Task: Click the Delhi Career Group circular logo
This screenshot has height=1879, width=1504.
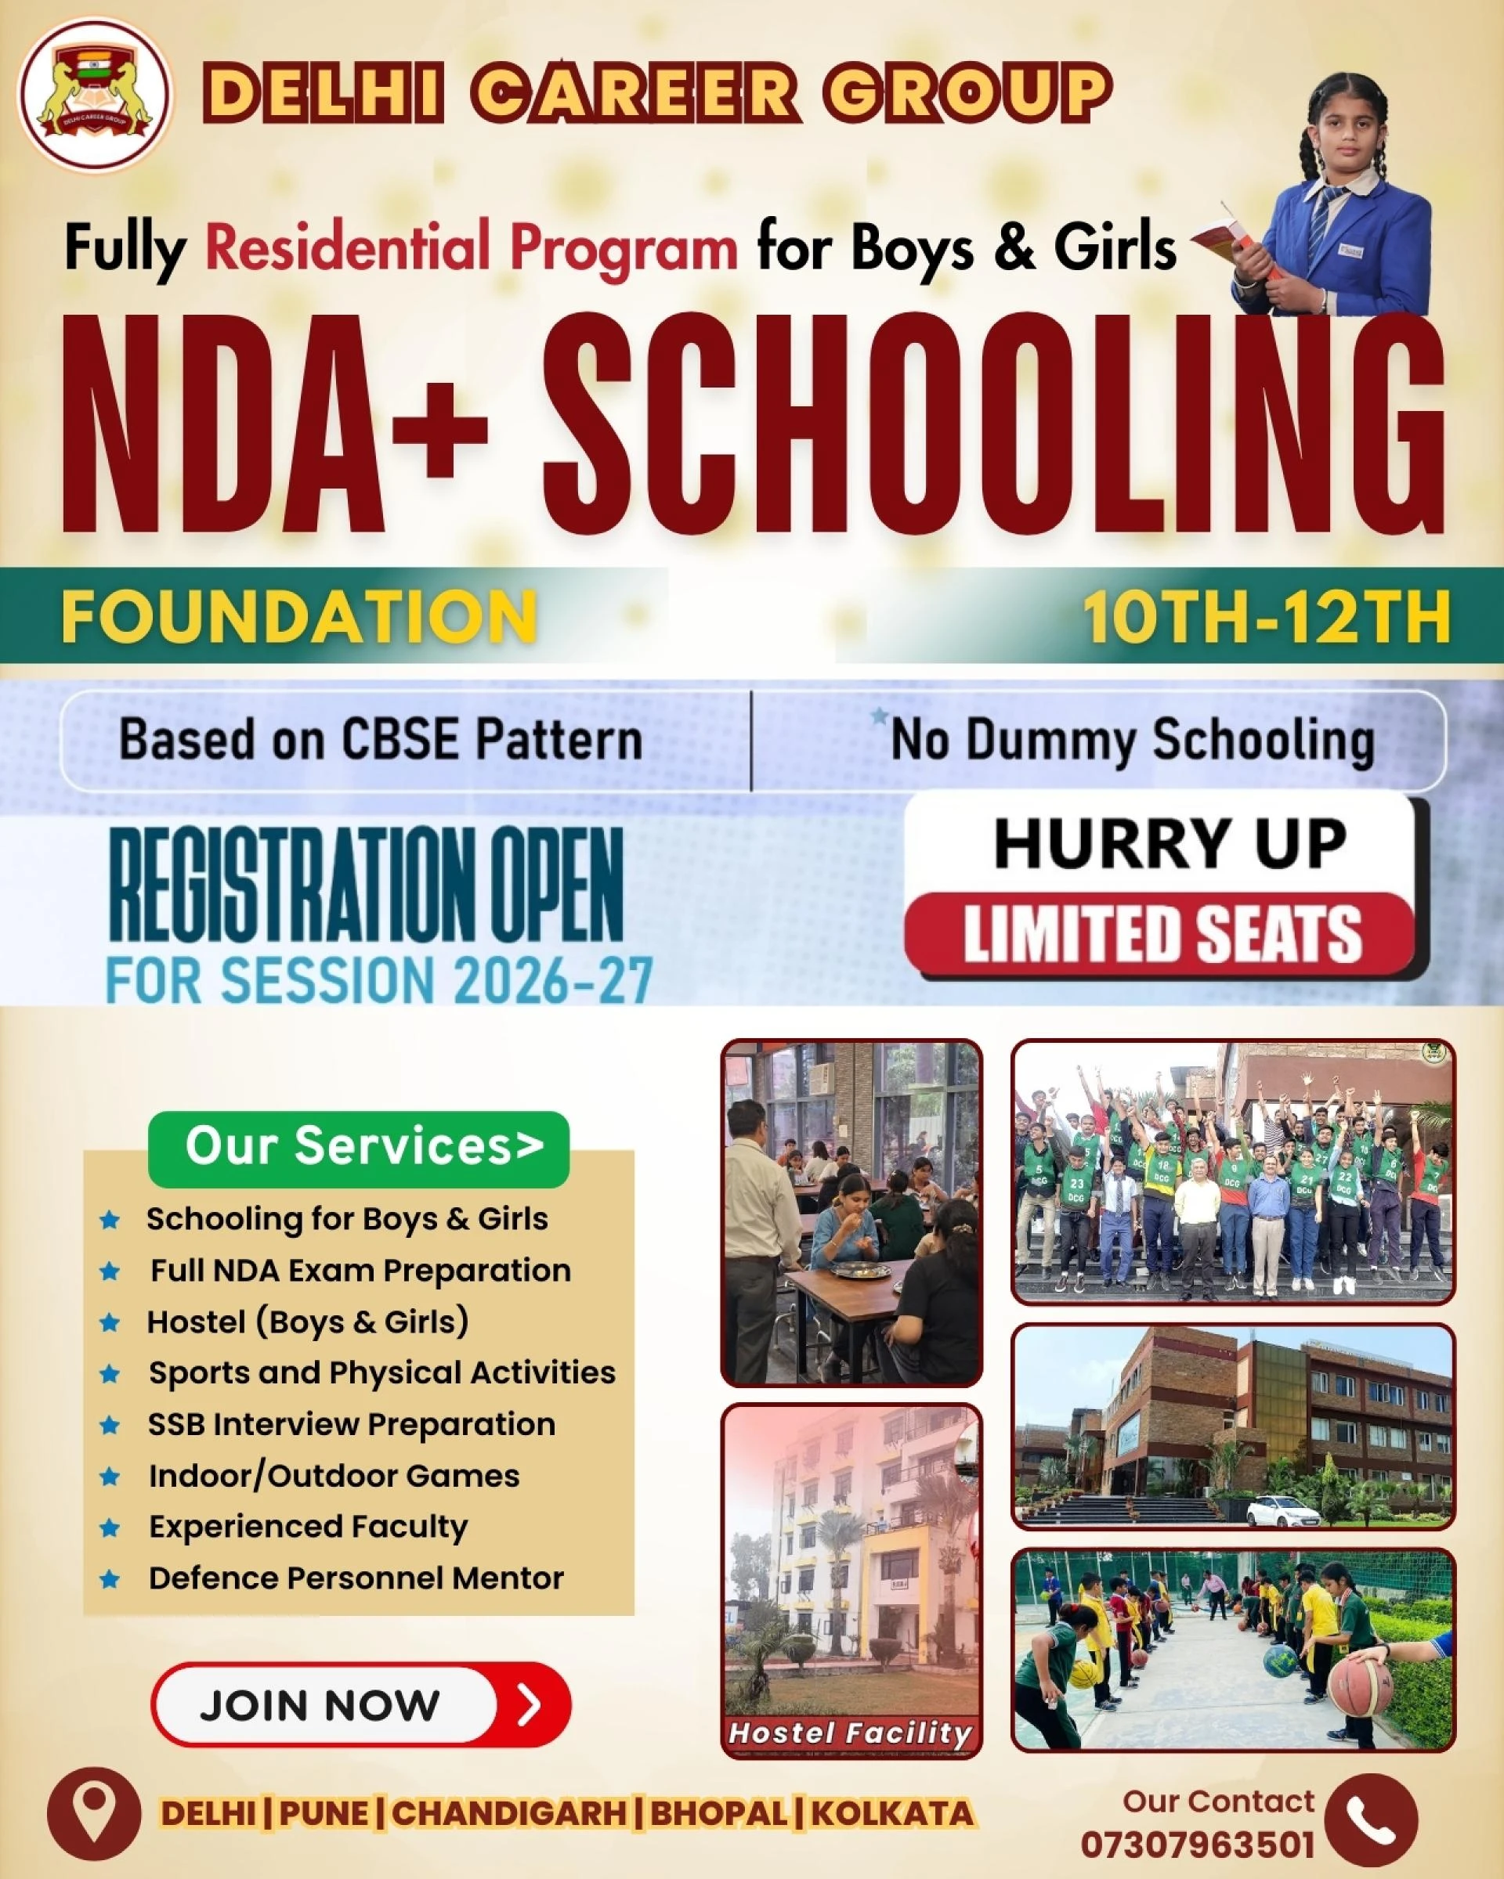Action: tap(96, 95)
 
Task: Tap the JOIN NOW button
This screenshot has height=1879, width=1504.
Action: tap(360, 1704)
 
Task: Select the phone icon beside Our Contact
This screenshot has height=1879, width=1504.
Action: tap(1371, 1819)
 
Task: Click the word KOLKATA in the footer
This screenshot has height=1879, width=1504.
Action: tap(892, 1814)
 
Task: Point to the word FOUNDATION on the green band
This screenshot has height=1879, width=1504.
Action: tap(298, 617)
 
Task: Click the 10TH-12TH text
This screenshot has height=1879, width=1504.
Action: tap(1266, 617)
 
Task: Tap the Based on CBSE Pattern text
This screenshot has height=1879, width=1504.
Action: tap(380, 740)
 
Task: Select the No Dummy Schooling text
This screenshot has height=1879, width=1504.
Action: tap(1132, 741)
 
